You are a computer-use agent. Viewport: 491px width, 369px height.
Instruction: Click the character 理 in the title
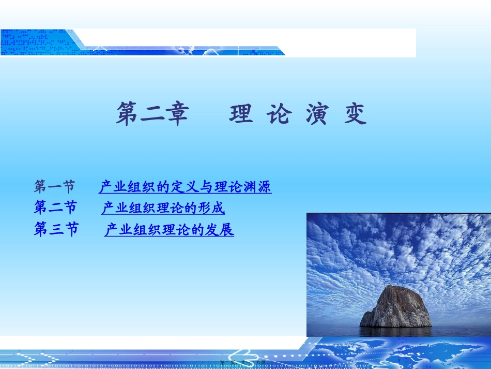[241, 114]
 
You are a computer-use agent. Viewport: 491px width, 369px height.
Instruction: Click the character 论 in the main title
[279, 114]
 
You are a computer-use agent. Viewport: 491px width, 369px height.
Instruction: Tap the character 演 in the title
[316, 114]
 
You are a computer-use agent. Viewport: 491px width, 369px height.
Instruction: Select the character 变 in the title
[355, 114]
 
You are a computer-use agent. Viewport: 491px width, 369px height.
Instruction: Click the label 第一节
[55, 186]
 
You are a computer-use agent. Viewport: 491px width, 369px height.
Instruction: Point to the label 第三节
[56, 229]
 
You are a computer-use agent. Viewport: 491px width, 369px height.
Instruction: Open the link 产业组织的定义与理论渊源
[185, 187]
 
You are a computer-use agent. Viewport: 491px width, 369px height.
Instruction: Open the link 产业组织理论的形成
[163, 209]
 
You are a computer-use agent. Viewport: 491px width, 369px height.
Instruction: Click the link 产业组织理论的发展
[169, 230]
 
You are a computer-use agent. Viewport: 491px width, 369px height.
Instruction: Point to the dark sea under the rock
[398, 331]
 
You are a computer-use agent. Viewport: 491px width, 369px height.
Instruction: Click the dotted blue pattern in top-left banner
[31, 41]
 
